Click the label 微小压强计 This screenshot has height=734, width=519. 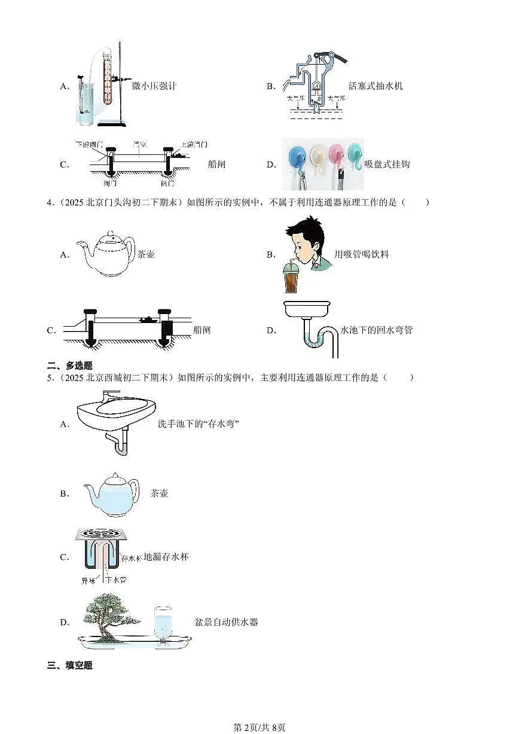coord(154,86)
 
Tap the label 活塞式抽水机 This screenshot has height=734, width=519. coord(375,86)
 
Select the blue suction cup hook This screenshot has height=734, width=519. coord(297,157)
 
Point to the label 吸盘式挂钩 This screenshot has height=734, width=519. coord(387,165)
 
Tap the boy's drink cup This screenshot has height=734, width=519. coord(291,278)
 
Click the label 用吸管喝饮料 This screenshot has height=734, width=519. coord(362,254)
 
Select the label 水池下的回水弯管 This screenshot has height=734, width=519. coord(376,330)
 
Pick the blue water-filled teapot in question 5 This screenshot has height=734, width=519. coord(111,494)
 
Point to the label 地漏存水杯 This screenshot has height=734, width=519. coord(166,558)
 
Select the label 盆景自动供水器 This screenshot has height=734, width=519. coord(226,622)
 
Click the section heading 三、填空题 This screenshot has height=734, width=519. coord(70,666)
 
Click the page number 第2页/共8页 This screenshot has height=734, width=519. coord(259,727)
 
